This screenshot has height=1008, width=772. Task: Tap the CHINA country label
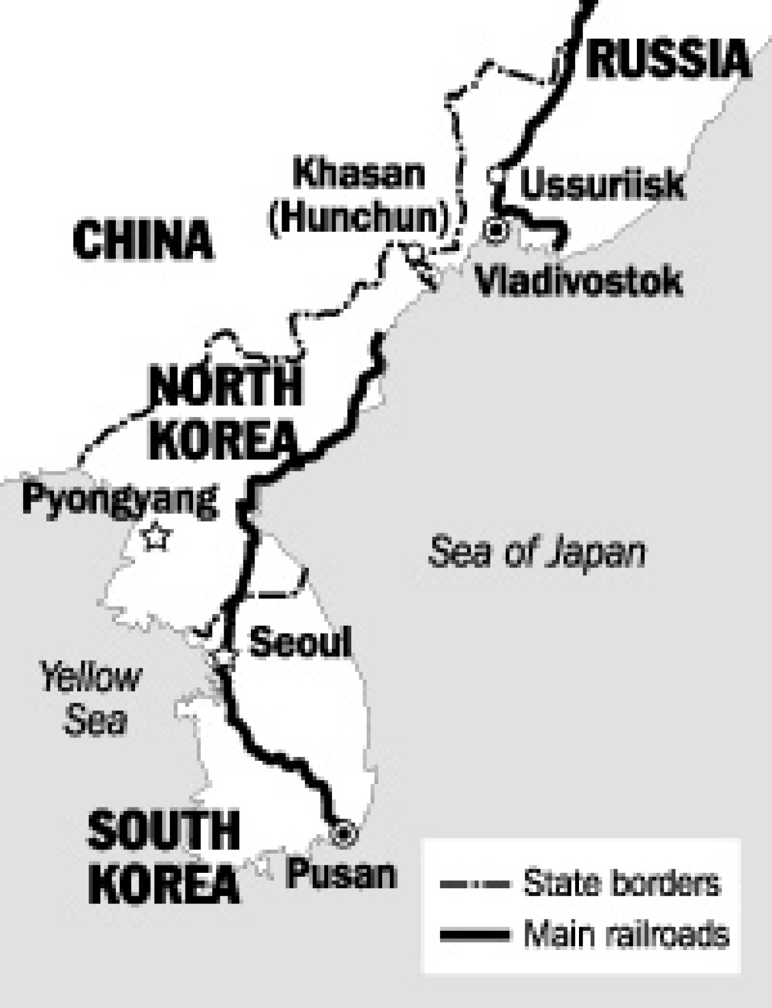pos(143,240)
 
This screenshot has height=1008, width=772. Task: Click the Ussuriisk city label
pos(602,184)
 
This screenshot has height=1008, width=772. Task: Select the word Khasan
pos(359,174)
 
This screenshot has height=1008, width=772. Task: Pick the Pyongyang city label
pos(119,500)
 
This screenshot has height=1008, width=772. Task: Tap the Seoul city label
pos(300,642)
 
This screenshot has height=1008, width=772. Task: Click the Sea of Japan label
pos(536,552)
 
